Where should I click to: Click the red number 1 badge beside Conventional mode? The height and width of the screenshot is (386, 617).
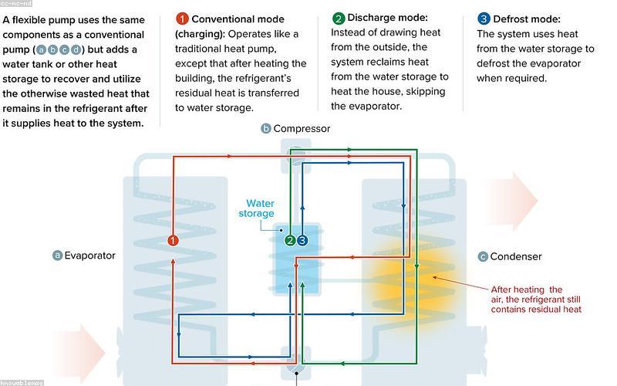[182, 19]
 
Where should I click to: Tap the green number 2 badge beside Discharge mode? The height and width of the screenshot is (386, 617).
[339, 18]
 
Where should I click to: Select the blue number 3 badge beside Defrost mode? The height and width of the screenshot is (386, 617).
[484, 19]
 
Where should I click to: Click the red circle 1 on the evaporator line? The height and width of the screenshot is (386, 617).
[173, 240]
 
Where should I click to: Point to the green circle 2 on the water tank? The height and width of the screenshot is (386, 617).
[291, 240]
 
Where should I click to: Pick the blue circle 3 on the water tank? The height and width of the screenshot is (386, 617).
[302, 240]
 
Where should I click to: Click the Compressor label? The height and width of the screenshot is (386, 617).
[302, 128]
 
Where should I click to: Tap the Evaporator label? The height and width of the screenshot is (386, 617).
[89, 256]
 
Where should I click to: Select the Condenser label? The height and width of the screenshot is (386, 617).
[516, 256]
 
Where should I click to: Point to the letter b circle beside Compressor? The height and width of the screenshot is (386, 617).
[266, 128]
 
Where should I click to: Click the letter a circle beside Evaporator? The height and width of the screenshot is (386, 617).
[57, 256]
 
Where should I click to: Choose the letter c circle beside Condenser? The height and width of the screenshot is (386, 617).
[483, 257]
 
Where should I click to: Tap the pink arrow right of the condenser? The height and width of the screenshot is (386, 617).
[511, 201]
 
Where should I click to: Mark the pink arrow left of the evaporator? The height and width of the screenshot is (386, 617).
[79, 353]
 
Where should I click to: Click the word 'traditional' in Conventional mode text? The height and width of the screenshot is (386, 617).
[198, 49]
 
